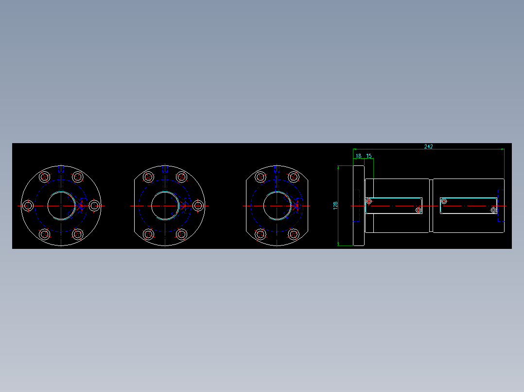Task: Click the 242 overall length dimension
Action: click(x=428, y=146)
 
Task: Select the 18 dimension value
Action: click(x=359, y=156)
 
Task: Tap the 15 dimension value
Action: click(x=369, y=156)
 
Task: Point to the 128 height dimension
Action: click(x=335, y=206)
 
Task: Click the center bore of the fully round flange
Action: click(x=61, y=206)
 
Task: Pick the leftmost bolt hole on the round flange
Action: click(x=28, y=206)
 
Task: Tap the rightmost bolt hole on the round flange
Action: click(x=95, y=206)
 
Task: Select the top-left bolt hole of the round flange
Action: click(x=45, y=177)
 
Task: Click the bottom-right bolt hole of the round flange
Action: click(x=78, y=234)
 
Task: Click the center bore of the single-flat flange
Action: click(x=165, y=206)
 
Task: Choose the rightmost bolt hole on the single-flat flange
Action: click(x=198, y=206)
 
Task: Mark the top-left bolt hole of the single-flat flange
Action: click(x=149, y=177)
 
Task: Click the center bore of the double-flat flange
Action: click(x=277, y=206)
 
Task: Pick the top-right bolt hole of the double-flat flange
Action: click(x=293, y=177)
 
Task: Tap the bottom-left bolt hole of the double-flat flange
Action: click(x=261, y=234)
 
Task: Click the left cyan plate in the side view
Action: click(x=394, y=205)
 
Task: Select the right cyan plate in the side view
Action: click(x=469, y=205)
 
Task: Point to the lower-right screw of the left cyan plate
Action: click(x=419, y=210)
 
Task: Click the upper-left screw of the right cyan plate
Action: click(x=444, y=201)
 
